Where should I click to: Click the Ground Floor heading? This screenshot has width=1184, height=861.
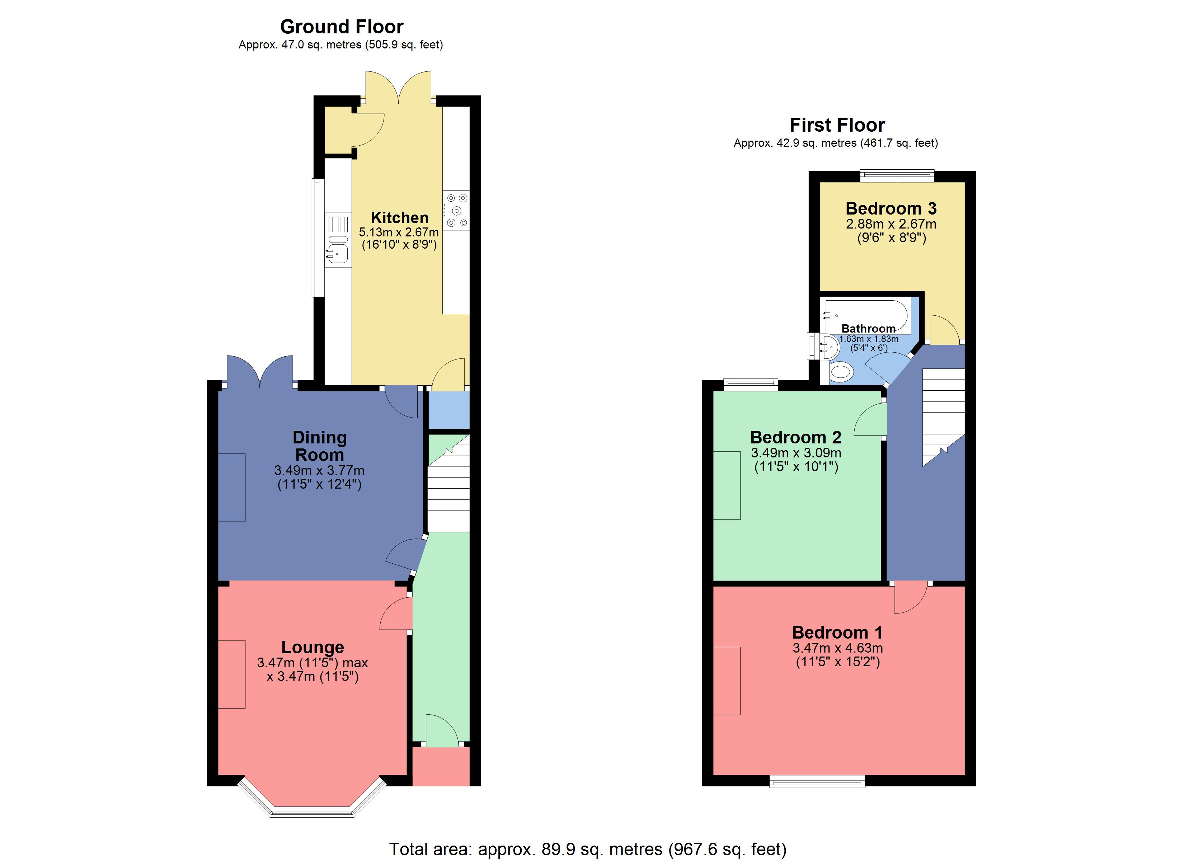(x=342, y=27)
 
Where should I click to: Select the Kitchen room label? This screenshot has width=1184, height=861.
(x=399, y=218)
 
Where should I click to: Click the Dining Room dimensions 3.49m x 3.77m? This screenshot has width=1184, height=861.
(x=319, y=470)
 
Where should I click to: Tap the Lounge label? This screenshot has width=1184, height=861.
(x=313, y=648)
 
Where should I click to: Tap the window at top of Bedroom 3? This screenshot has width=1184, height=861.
(x=897, y=175)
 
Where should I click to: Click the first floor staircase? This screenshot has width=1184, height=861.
(x=943, y=413)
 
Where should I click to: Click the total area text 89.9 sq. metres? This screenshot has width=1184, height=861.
(x=587, y=849)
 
